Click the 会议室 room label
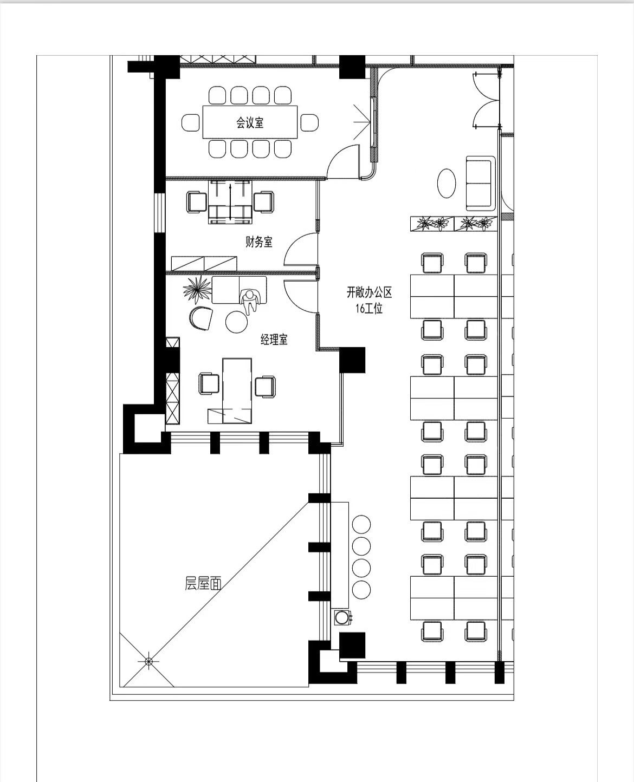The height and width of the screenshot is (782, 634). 250,122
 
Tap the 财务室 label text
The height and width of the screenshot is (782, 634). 259,242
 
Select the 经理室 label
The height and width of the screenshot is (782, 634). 274,340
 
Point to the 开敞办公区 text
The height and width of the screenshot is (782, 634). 370,292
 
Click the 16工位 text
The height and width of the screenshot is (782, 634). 369,308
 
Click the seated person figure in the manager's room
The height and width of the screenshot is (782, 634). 250,301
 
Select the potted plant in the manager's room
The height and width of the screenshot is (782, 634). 197,289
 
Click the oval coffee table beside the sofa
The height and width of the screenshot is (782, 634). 447,184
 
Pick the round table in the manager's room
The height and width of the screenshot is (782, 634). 237,322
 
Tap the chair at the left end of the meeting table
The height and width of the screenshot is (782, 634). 191,122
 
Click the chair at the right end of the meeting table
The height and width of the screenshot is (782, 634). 309,122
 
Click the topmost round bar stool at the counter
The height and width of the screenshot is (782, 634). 361,524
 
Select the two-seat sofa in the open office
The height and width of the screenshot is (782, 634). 481,184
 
